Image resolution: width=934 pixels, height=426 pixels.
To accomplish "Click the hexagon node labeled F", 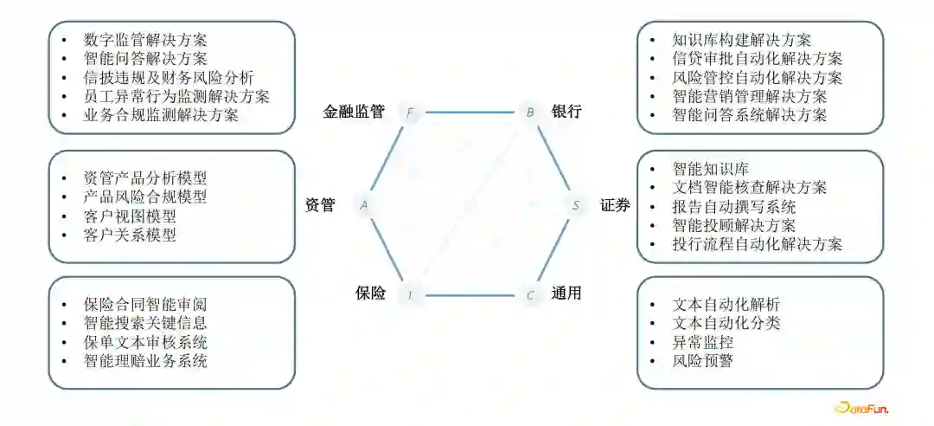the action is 409,112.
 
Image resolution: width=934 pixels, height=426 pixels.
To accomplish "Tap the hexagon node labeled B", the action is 529,112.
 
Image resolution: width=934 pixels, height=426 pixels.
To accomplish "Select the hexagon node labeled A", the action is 364,204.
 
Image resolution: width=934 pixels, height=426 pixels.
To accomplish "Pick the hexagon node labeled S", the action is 576,205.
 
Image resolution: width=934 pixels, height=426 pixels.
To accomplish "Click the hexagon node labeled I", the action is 410,295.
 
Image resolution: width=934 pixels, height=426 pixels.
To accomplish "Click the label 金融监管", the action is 354,112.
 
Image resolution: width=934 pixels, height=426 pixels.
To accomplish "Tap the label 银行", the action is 566,112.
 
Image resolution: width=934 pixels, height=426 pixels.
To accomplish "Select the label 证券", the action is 615,205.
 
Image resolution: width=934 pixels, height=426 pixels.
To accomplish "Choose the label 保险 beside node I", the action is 370,293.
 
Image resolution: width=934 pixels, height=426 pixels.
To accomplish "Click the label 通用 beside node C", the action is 566,294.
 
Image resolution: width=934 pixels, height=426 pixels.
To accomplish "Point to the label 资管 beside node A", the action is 320,205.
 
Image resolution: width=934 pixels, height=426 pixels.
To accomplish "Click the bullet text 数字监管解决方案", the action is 145,40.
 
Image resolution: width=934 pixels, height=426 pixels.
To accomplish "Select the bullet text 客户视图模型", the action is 130,216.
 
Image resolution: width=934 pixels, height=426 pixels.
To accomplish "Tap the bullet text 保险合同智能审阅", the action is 145,304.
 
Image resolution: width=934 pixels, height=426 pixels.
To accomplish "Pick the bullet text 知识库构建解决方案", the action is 741,40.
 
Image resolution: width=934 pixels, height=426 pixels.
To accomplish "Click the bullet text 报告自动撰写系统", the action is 733,206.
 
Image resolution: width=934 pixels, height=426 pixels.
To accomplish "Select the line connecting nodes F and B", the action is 469,112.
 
